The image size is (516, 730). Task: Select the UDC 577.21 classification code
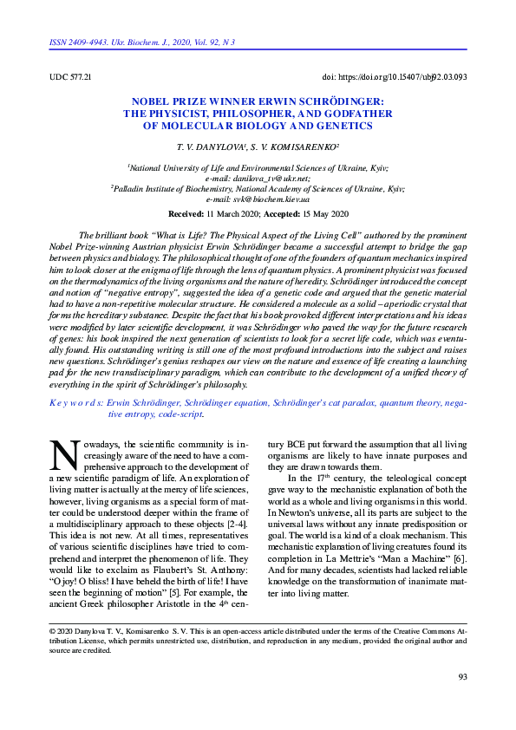pyautogui.click(x=71, y=77)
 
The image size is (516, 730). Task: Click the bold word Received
pyautogui.click(x=185, y=213)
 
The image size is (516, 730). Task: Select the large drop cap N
pyautogui.click(x=64, y=455)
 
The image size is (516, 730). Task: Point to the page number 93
pyautogui.click(x=461, y=677)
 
